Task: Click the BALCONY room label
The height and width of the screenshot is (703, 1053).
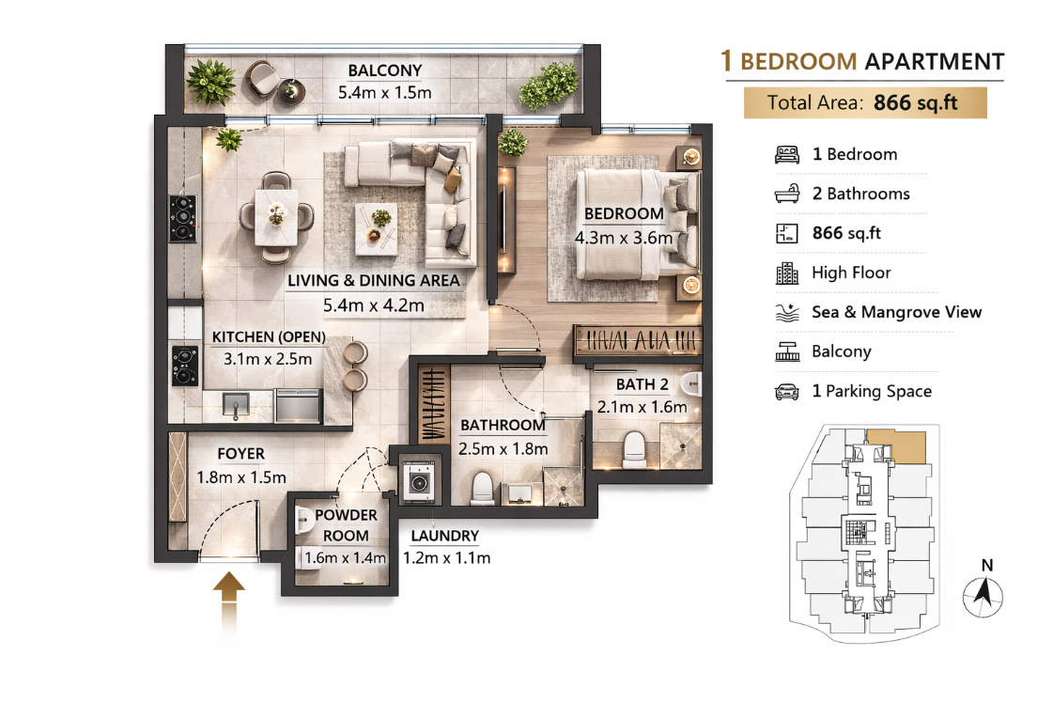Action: click(384, 70)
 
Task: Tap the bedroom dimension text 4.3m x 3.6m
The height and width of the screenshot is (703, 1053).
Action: click(624, 238)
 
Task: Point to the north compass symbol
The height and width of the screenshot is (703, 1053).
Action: click(983, 594)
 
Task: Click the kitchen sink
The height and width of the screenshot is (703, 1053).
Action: click(235, 404)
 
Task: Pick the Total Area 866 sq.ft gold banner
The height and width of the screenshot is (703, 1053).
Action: click(865, 103)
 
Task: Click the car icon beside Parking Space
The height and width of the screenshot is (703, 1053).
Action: click(787, 392)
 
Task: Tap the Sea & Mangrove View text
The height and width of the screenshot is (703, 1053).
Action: click(896, 312)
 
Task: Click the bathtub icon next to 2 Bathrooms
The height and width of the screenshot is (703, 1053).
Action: click(787, 195)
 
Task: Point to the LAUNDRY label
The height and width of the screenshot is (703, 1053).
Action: click(444, 537)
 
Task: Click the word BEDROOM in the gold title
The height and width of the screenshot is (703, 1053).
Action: click(798, 62)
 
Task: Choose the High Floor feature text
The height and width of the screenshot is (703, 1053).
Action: click(851, 273)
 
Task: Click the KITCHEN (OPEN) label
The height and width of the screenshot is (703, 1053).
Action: click(269, 337)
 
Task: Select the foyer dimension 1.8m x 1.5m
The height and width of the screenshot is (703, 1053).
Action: click(241, 477)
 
